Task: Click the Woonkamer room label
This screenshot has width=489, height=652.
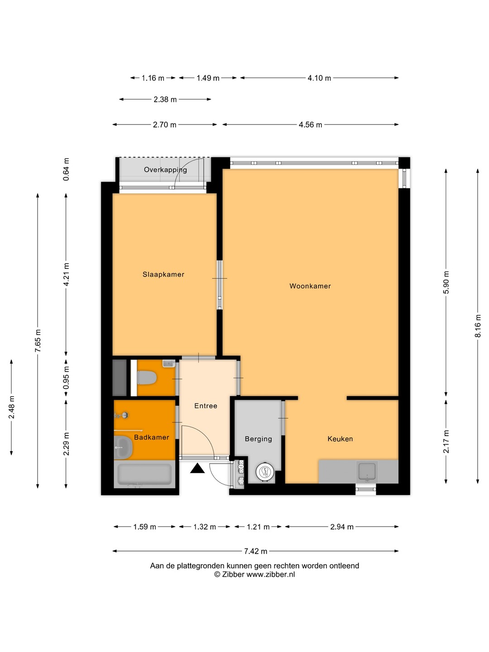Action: [310, 286]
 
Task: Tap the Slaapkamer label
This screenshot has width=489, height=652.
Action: [163, 274]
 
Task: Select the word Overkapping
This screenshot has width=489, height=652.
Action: [165, 170]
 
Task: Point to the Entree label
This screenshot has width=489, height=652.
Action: [206, 406]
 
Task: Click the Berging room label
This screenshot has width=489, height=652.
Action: [258, 439]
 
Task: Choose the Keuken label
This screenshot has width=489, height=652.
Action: [340, 439]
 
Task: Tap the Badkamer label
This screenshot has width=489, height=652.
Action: [151, 437]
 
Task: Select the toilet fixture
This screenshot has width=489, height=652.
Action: [147, 378]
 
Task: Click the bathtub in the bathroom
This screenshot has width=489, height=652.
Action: [144, 475]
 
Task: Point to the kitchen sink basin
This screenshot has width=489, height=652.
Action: [367, 471]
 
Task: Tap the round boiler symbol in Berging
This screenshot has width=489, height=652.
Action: [264, 472]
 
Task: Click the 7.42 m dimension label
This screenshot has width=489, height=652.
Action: [256, 551]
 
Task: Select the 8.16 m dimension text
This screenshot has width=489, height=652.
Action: [478, 326]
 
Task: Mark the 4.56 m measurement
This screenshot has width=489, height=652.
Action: [310, 125]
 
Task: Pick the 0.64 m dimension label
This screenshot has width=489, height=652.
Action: [66, 169]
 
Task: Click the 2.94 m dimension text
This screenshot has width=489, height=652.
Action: [342, 527]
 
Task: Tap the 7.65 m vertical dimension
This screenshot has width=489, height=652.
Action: [38, 340]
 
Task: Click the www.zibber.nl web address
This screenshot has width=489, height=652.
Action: [271, 575]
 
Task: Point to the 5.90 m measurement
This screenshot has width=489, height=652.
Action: [446, 283]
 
